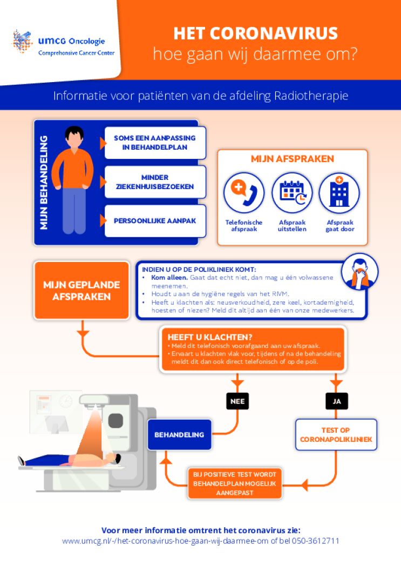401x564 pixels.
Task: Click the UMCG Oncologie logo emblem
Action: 22,42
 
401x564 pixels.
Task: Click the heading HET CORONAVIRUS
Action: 255,33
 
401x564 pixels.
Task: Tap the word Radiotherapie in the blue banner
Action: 311,96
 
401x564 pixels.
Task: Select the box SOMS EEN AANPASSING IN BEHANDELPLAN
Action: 155,143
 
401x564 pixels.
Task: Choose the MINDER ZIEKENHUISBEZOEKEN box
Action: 155,182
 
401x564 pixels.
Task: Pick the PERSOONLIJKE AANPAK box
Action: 155,221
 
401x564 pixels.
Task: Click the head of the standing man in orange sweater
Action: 74,137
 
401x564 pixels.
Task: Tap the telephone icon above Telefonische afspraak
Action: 243,193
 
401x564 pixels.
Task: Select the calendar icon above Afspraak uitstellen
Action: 292,193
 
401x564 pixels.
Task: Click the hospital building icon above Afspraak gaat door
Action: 339,193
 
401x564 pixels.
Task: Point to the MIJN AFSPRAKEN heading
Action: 292,159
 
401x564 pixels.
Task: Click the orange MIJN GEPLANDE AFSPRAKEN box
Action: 81,291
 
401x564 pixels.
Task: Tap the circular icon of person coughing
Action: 359,272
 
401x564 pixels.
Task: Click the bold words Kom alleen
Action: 169,278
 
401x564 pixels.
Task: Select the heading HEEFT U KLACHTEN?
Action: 210,338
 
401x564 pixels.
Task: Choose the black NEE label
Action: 237,401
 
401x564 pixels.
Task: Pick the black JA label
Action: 337,401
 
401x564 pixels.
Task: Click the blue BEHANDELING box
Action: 179,435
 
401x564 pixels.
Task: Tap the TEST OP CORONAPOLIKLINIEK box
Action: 336,435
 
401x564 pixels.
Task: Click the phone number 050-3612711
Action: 315,541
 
